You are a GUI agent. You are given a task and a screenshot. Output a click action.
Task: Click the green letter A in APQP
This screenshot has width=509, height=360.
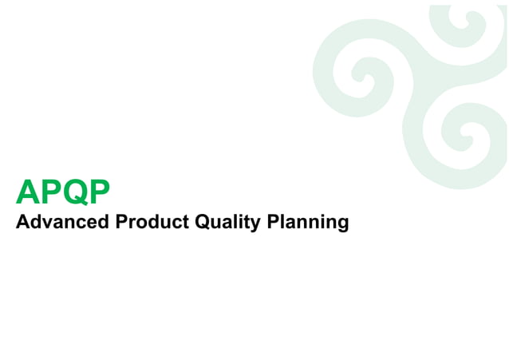point(27,193)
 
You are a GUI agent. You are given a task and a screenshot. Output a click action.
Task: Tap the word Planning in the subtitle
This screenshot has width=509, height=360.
point(308,222)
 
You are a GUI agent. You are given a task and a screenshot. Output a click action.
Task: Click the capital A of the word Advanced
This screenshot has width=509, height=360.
point(22,221)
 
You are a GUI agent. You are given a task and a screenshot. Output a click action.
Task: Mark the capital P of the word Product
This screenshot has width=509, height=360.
point(121,221)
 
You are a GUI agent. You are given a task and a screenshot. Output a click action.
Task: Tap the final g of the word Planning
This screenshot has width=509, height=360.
point(343,224)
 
